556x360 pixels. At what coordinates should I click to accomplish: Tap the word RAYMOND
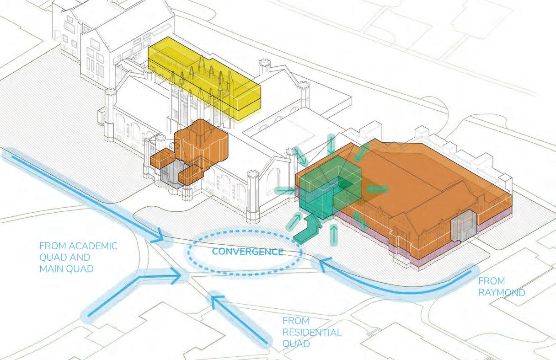tap(502, 292)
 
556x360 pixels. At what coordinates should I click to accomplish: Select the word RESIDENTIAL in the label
tap(312, 332)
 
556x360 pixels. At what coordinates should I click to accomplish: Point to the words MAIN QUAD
tap(66, 268)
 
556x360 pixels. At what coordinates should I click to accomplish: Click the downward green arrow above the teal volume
tap(330, 145)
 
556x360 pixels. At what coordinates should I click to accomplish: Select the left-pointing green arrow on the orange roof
tap(377, 188)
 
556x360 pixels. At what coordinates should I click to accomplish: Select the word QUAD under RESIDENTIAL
tap(296, 343)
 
